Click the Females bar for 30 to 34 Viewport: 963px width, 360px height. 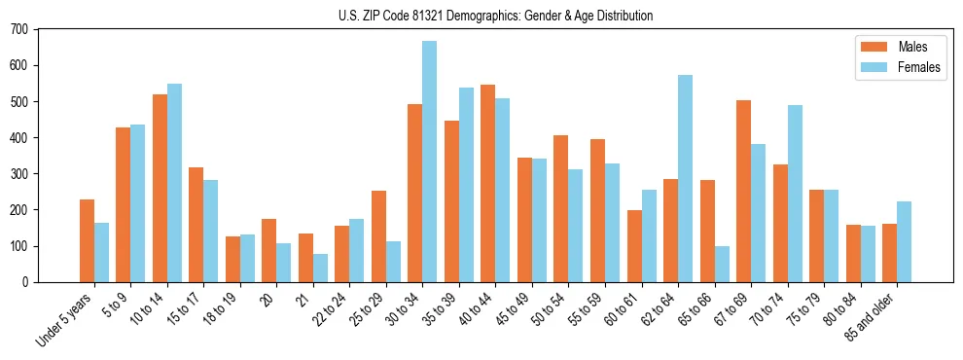coord(429,162)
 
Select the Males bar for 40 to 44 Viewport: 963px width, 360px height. coord(487,184)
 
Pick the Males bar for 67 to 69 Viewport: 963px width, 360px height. coord(743,191)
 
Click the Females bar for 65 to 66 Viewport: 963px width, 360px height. coord(722,264)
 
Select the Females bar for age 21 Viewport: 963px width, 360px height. coord(320,268)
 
